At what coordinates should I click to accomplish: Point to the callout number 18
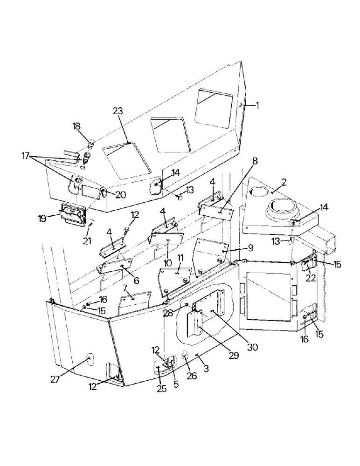point(76,126)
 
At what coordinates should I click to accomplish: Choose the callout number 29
point(233,356)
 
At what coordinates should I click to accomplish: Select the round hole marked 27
point(88,360)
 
